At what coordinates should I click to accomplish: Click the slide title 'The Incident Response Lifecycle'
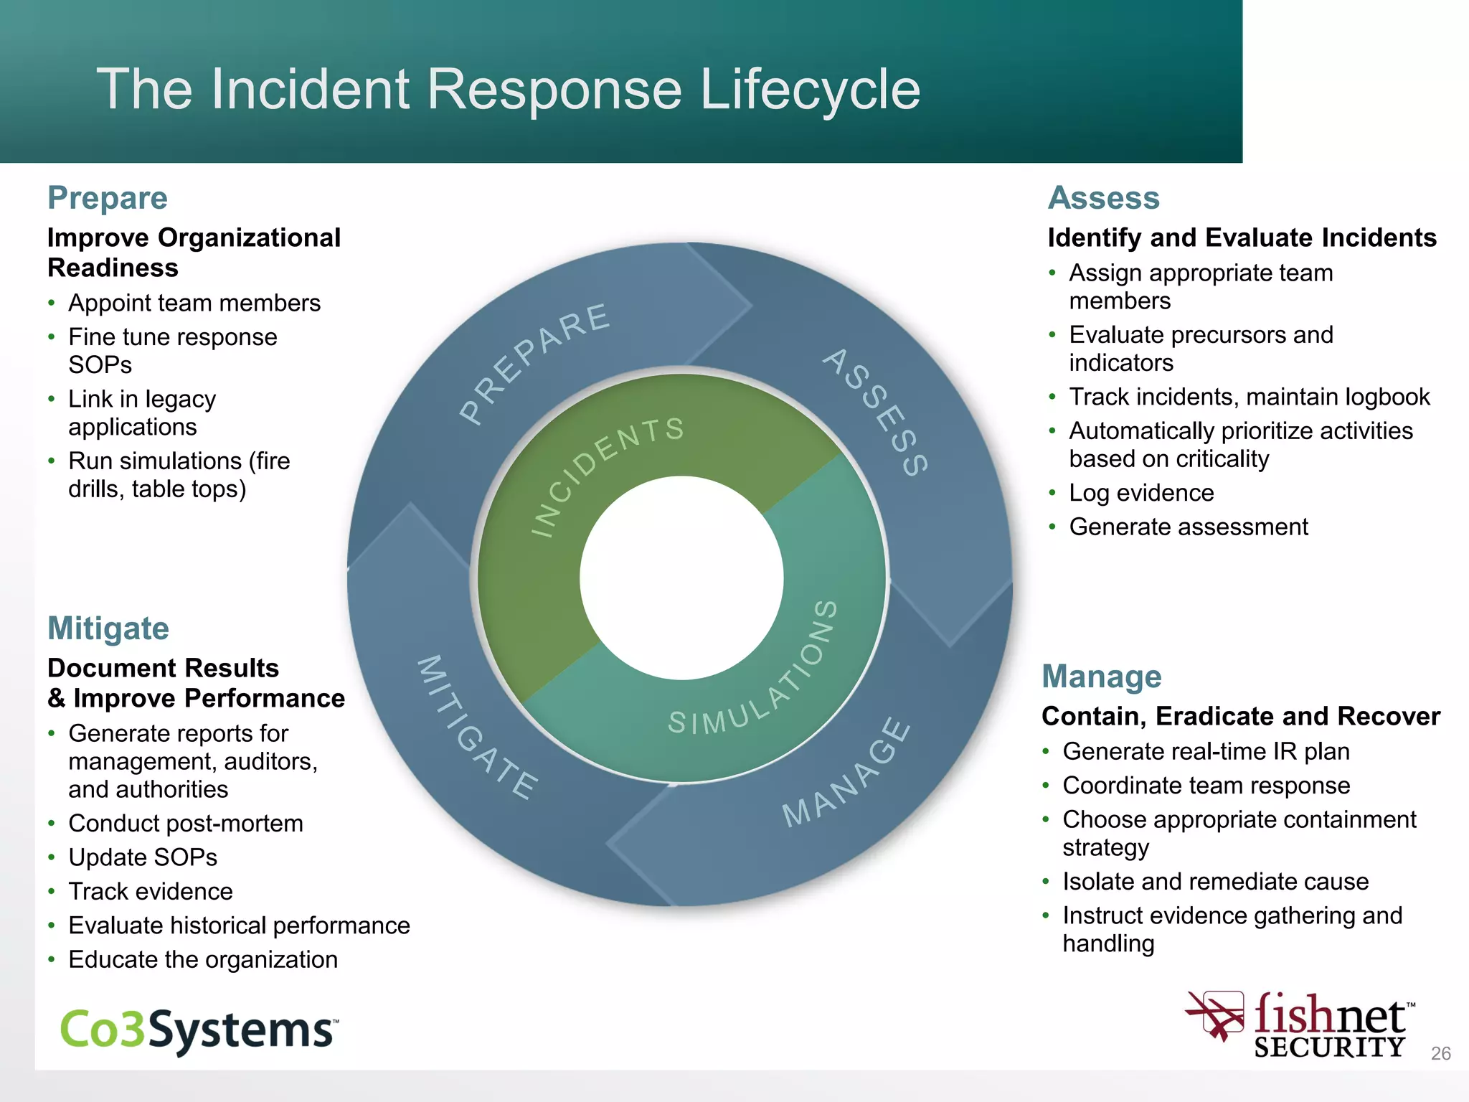coord(508,89)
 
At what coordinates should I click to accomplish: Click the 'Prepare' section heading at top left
coord(108,198)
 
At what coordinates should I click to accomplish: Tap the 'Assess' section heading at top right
coord(1103,198)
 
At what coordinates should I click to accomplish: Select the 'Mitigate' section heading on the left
coord(108,628)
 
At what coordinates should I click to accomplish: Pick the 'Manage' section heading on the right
coord(1101,677)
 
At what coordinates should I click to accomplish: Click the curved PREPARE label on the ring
coord(534,362)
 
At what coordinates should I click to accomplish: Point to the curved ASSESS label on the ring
coord(876,412)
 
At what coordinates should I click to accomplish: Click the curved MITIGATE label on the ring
coord(477,727)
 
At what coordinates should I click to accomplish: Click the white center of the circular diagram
coord(681,578)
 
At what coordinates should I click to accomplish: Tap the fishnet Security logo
coord(1301,1026)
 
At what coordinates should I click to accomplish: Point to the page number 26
coord(1440,1053)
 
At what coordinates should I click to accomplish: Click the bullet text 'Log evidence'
coord(1141,493)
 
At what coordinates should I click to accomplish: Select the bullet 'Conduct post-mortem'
coord(186,824)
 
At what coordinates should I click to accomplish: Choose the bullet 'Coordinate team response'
coord(1206,786)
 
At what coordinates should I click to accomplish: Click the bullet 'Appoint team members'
coord(194,303)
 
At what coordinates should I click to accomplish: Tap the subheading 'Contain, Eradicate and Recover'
coord(1240,716)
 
